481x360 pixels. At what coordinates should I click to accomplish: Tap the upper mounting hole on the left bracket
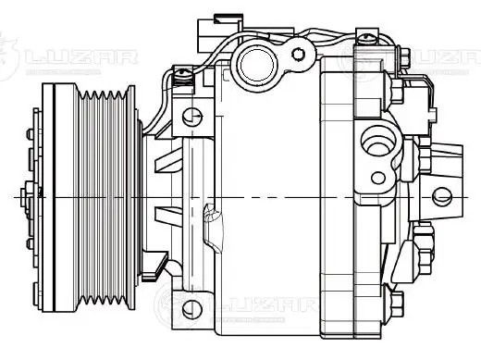point(191,118)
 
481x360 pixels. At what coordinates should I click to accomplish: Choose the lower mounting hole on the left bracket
point(191,307)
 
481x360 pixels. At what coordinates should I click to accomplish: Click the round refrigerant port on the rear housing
point(376,143)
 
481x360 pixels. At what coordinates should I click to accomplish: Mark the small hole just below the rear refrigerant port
point(377,177)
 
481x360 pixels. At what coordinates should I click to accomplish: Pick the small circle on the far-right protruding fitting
point(441,194)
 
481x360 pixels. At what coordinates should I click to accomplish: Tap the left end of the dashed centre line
point(17,198)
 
